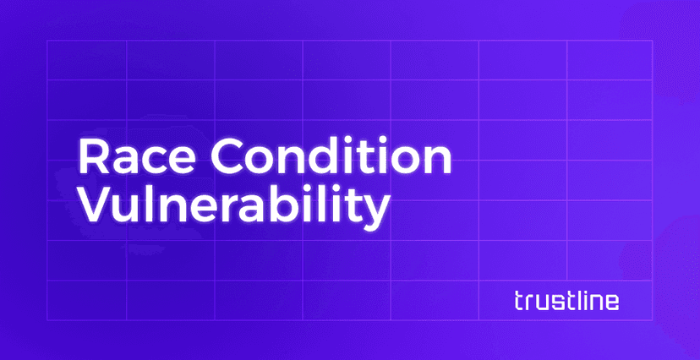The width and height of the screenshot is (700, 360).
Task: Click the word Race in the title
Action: [129, 157]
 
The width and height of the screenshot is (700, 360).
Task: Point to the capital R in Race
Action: [90, 157]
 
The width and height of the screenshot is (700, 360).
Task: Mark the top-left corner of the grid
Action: [46, 40]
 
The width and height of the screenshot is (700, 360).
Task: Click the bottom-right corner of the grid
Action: [653, 319]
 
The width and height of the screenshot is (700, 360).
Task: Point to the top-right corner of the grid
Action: [653, 40]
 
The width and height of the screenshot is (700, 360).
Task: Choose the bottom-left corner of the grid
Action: [46, 319]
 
